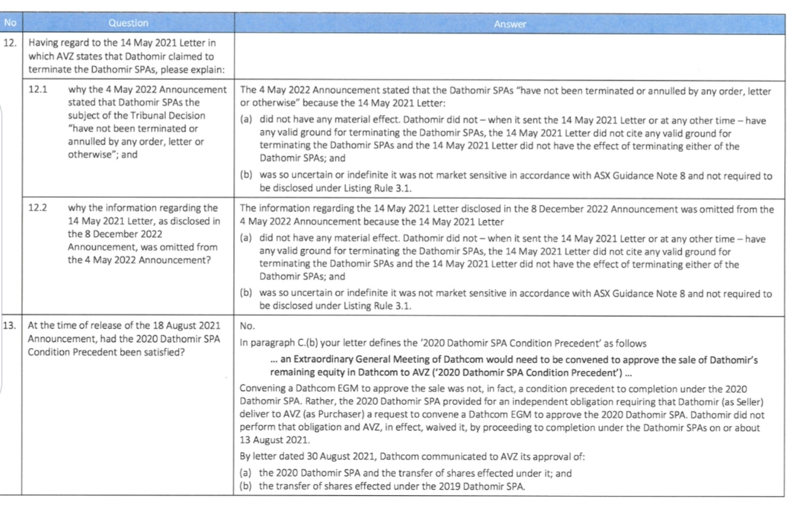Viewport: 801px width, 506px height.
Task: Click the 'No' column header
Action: [9, 23]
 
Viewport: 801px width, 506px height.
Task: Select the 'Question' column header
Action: [128, 23]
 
